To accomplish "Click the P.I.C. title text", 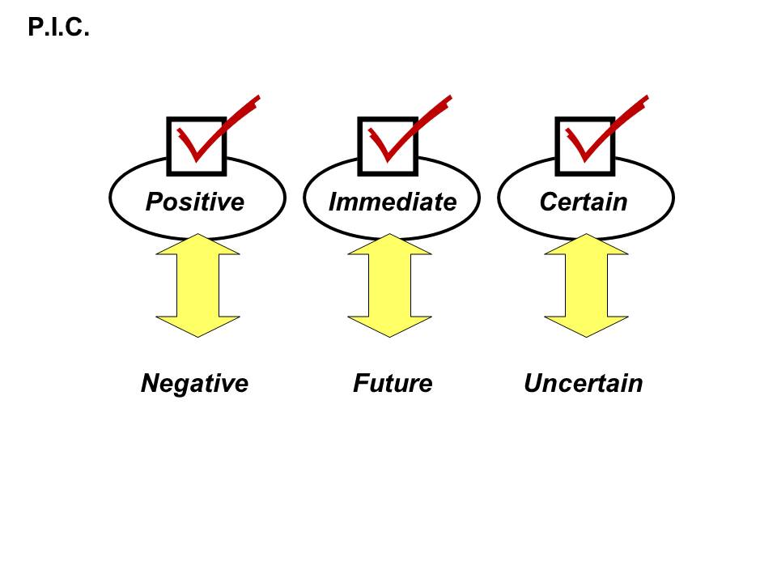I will coord(57,28).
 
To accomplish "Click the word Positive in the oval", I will coord(195,202).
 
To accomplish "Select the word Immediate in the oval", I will coord(393,202).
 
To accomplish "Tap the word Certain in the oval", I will coord(584,202).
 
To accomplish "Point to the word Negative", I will coord(194,383).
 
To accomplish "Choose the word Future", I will coord(393,383).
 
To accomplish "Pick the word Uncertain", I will coord(584,383).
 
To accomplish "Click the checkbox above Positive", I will coord(197,146).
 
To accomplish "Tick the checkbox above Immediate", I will coord(388,146).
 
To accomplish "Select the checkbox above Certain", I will coord(585,146).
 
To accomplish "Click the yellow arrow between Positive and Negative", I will coord(197,285).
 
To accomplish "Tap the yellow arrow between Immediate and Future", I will coord(389,285).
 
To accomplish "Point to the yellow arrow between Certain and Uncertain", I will coord(586,285).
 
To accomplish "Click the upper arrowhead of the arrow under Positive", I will coord(197,245).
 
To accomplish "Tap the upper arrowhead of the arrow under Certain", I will coord(586,245).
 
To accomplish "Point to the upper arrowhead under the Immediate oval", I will coord(389,245).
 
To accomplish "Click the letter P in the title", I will coord(36,28).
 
